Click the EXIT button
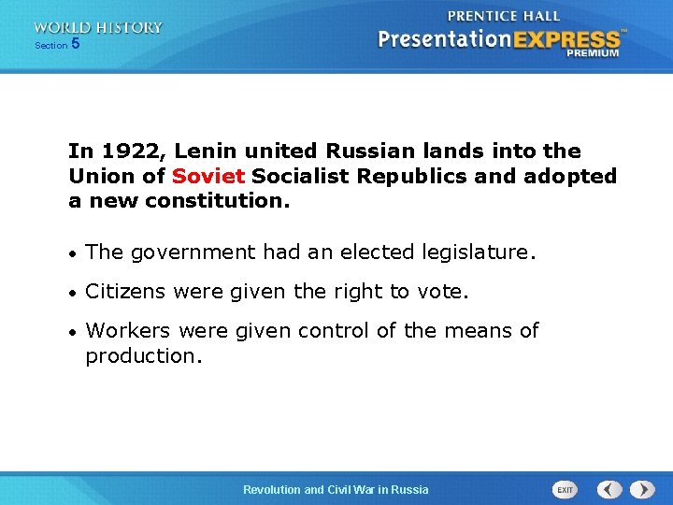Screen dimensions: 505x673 pos(566,489)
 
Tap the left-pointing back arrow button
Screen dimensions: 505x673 pos(609,489)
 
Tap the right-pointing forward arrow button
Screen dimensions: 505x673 pos(642,489)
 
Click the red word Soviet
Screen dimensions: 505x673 pos(208,176)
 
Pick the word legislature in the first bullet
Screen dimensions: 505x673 pos(480,252)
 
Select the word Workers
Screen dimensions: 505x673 pos(128,331)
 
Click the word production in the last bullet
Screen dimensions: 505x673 pos(143,356)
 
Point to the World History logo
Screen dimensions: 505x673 pos(97,28)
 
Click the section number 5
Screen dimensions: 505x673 pos(75,44)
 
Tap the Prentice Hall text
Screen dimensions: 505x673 pos(504,16)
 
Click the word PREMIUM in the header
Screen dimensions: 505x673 pos(592,53)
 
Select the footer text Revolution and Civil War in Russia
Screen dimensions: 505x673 pos(336,489)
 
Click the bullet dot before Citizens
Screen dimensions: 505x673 pos(73,293)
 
